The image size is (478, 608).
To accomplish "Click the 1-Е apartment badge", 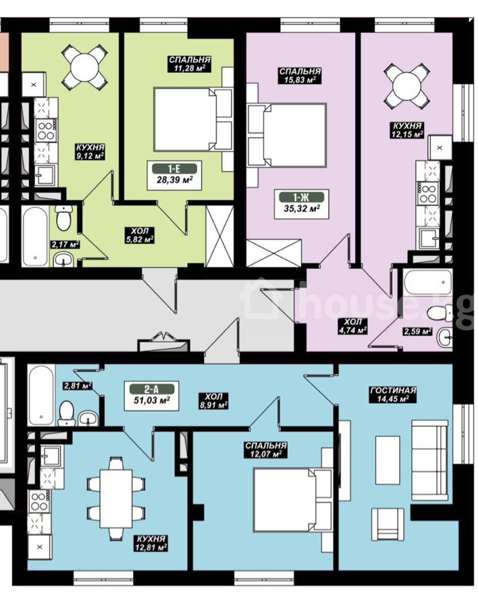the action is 174,169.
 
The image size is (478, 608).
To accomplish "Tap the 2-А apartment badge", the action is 152,389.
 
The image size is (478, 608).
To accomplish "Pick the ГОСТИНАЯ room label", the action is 393,390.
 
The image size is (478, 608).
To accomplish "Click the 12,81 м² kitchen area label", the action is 151,547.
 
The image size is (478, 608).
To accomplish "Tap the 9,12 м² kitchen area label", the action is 90,156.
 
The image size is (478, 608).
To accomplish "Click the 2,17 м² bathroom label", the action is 65,245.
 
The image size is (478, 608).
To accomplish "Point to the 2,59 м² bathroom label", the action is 417,332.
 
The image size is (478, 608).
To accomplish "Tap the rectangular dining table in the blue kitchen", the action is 116,499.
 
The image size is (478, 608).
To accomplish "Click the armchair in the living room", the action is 388,524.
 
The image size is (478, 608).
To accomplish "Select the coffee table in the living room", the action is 388,460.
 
